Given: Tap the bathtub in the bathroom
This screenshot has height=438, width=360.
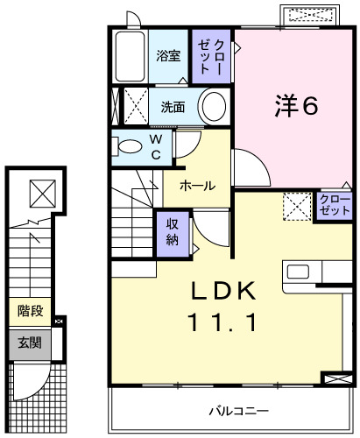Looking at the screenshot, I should [130, 58].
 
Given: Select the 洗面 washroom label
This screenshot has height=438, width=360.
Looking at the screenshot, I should [173, 108].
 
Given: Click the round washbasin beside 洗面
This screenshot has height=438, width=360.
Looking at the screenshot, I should [213, 107].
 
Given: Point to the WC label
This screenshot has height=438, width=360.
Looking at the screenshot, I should [154, 147].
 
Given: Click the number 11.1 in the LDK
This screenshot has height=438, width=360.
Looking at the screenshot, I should [222, 323].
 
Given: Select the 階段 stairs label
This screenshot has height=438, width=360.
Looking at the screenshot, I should [31, 311].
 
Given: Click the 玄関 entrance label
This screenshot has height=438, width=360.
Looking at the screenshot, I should [31, 343].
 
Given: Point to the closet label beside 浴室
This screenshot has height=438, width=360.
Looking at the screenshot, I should [212, 56].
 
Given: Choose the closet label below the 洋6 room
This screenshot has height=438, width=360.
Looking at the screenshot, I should [335, 208].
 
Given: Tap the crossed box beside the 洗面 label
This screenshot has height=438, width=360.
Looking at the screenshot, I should [133, 104].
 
